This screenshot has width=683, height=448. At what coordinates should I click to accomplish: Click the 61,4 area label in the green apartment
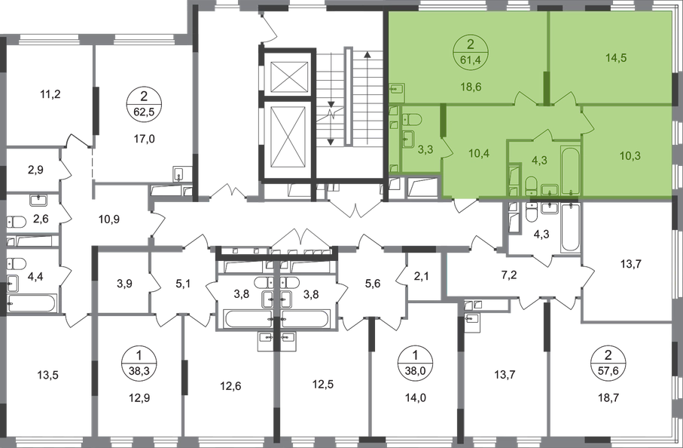[470, 60]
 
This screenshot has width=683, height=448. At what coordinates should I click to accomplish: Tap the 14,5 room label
[616, 57]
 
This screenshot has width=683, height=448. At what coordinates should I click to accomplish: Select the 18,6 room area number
[471, 87]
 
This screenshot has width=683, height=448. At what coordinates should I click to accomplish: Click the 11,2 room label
[50, 94]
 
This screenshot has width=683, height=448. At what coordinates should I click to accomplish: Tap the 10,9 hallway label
[109, 219]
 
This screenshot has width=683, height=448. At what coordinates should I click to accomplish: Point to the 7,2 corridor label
[509, 275]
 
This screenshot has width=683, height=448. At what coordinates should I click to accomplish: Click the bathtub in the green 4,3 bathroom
[571, 170]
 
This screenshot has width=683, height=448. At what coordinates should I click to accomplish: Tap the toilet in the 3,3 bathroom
[411, 119]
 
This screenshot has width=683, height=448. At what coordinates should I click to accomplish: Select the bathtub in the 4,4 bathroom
[32, 303]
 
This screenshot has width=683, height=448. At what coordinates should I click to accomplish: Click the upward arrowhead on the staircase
[367, 55]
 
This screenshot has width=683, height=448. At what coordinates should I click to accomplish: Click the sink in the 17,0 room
[179, 173]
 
